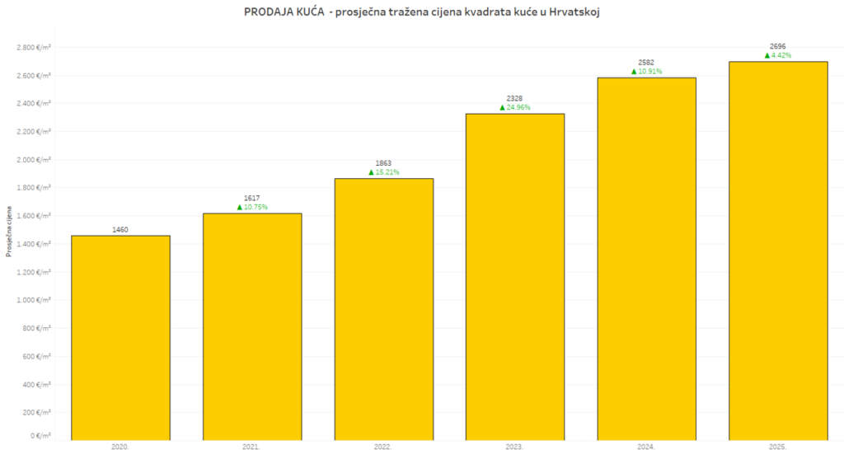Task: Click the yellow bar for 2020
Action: pos(120,338)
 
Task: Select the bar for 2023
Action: pos(515,276)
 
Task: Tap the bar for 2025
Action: pos(778,251)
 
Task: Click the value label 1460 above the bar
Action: pos(120,229)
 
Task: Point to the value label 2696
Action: pos(778,47)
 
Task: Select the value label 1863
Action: pos(383,164)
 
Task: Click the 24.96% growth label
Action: pos(518,107)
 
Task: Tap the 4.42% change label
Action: pos(781,55)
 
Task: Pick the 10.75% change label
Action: pos(256,207)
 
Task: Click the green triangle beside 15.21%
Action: pos(372,172)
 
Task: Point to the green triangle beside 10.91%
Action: pos(635,72)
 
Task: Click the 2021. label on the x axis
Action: pos(251,446)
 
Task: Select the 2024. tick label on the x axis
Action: pos(646,446)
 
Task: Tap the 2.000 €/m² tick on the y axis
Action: pos(34,160)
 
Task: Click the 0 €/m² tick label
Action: pos(40,435)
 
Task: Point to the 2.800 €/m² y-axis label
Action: pos(34,47)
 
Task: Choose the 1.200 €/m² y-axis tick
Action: pos(34,272)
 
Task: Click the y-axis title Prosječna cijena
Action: pos(9,232)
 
